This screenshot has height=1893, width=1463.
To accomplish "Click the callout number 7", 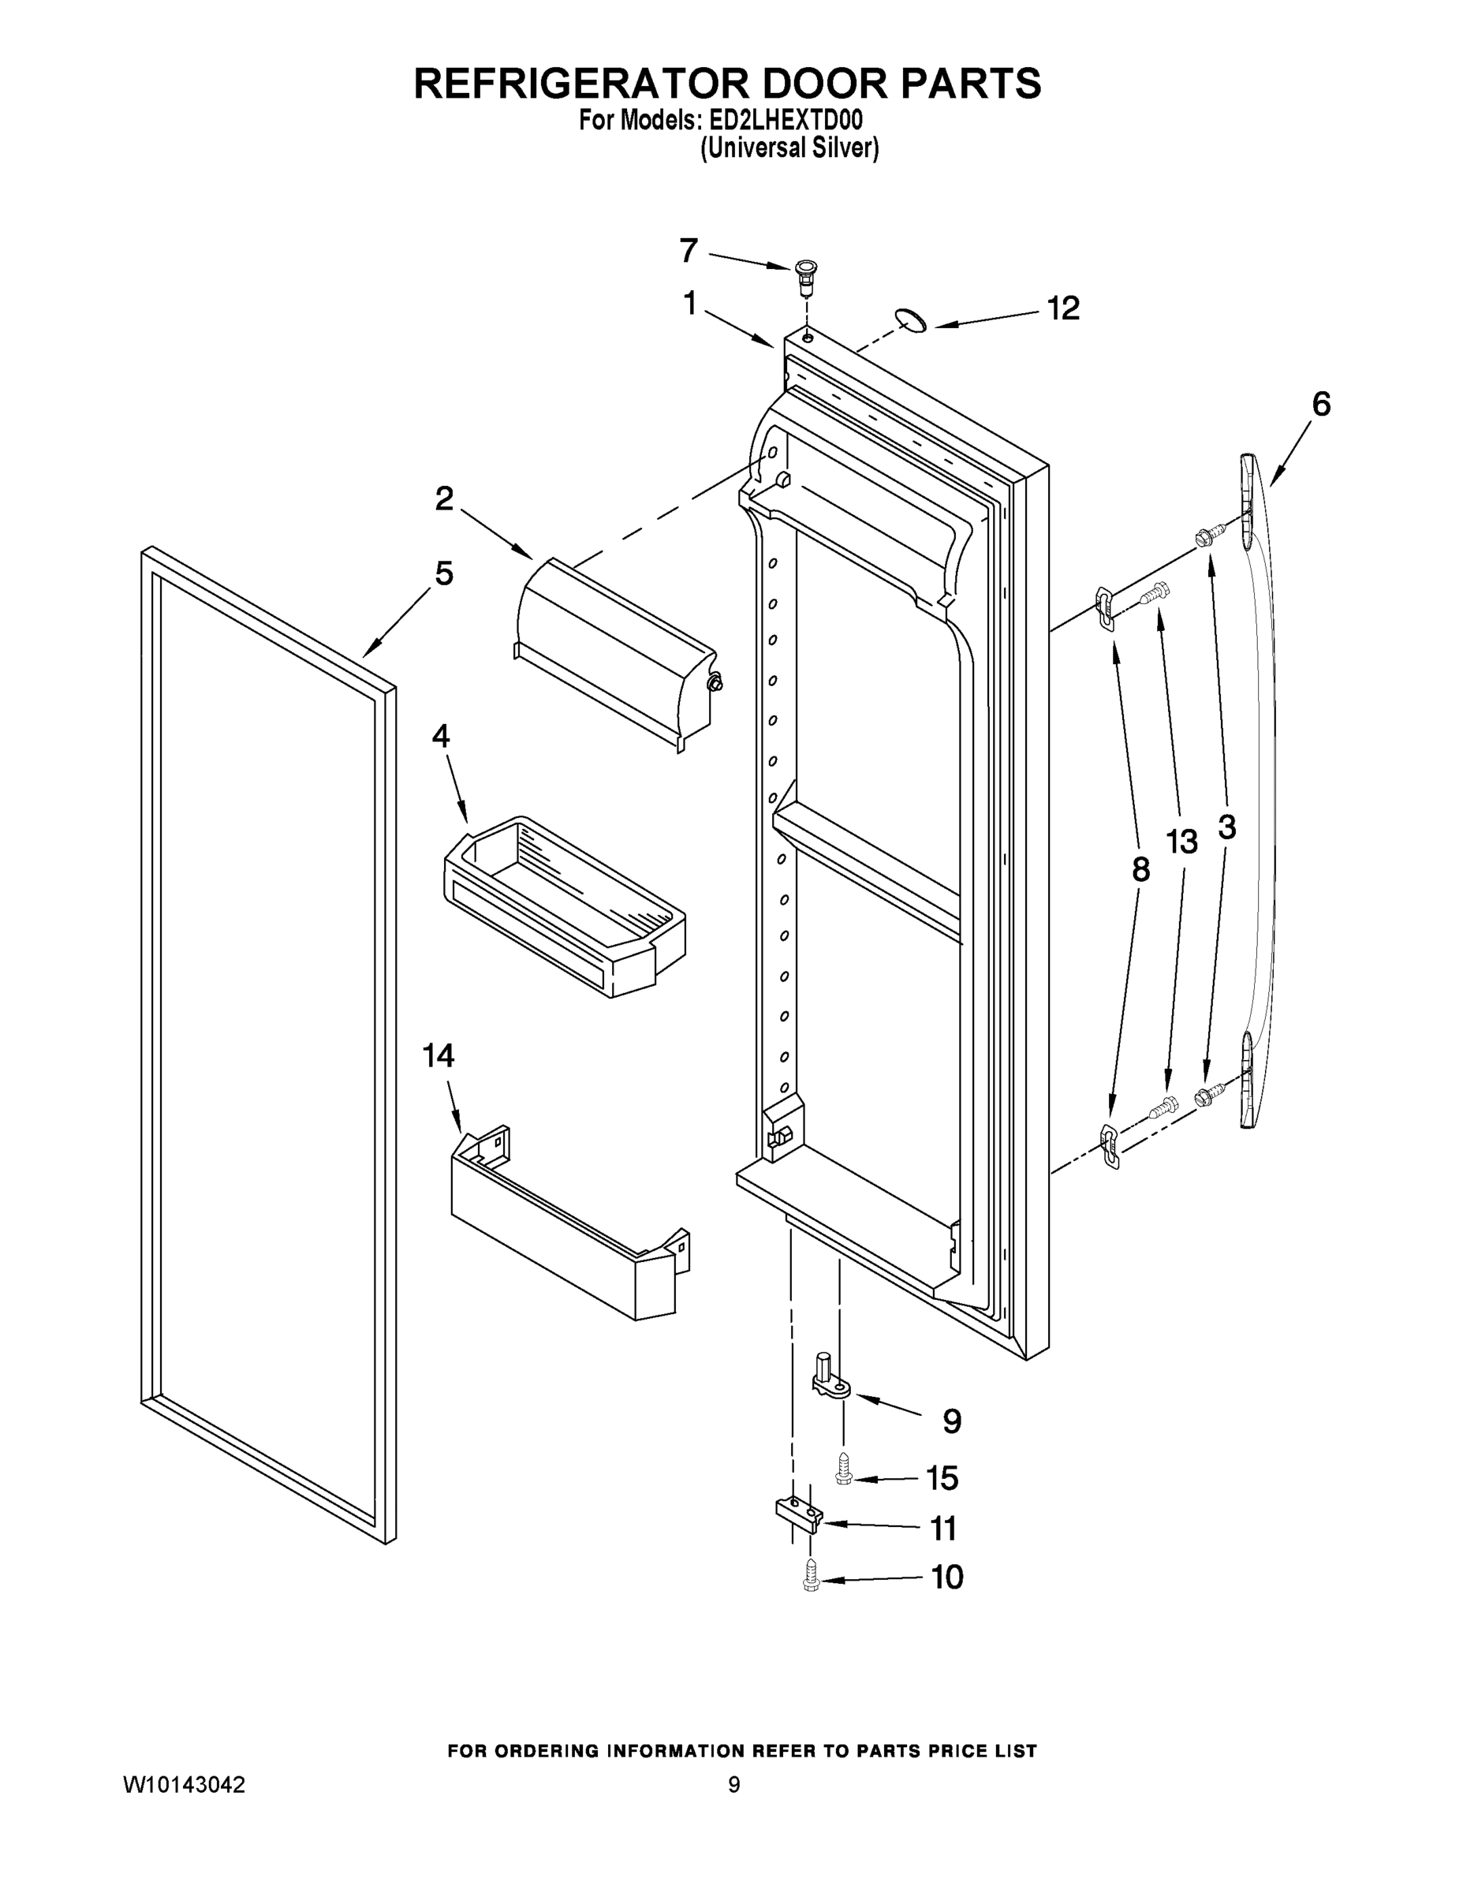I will (x=689, y=251).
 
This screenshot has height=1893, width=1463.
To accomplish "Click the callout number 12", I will (x=1063, y=308).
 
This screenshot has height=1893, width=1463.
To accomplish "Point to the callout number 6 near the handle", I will (x=1320, y=404).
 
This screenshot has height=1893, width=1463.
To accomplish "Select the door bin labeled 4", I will (x=563, y=906).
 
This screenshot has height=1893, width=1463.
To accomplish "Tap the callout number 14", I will (x=439, y=1055).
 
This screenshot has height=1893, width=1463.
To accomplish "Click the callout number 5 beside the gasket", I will (x=444, y=573).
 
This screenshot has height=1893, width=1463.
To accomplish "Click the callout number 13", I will (x=1181, y=841).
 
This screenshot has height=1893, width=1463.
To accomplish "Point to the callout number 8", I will (x=1140, y=869).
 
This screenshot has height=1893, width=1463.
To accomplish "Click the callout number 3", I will (x=1226, y=827).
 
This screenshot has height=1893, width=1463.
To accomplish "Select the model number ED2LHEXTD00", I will (x=786, y=121).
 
